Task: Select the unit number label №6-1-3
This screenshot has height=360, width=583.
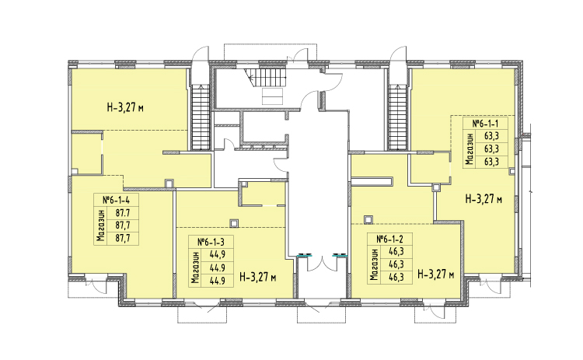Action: [x=211, y=242]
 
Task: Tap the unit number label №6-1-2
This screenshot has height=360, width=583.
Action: [x=389, y=239]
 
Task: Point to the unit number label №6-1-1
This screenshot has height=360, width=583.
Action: [x=485, y=123]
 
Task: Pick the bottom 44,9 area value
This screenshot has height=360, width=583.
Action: [x=218, y=281]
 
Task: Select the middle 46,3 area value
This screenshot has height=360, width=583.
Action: [x=396, y=264]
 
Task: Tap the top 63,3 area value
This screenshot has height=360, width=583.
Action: [x=491, y=135]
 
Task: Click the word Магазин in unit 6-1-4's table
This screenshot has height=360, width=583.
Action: [x=99, y=225]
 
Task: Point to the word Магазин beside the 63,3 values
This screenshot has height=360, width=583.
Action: [x=469, y=149]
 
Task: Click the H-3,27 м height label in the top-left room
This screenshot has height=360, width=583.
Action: [x=125, y=108]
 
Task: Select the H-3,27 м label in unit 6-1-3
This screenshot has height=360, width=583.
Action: [x=257, y=277]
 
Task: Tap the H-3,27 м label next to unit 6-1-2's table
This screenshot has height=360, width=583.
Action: [x=436, y=274]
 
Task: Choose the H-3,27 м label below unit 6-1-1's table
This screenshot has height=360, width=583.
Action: [x=484, y=199]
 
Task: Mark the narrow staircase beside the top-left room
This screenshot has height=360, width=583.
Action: [x=201, y=117]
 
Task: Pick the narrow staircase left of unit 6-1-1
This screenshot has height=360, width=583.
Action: [x=398, y=117]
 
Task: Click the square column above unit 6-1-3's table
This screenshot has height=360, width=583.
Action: [x=234, y=223]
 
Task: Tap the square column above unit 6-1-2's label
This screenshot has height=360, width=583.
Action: [x=368, y=220]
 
